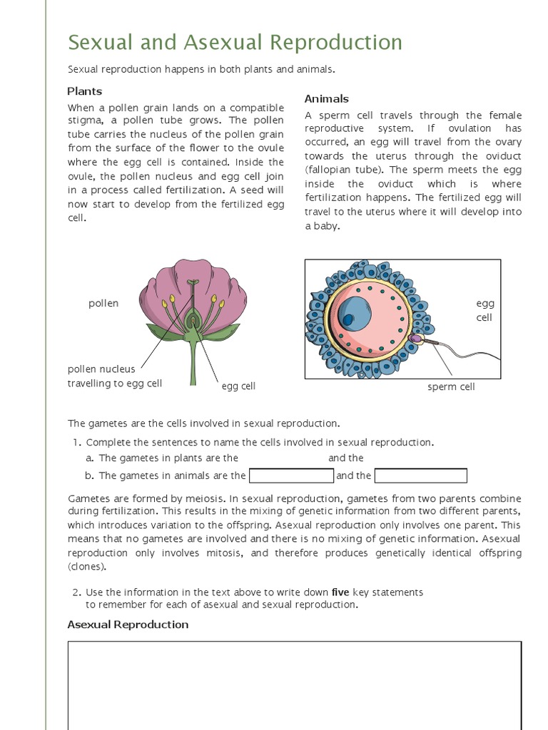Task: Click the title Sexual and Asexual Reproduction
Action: [235, 43]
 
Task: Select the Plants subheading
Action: [85, 91]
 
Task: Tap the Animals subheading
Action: [326, 99]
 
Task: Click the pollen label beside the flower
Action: [103, 303]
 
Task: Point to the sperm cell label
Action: [451, 386]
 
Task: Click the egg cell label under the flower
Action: [238, 386]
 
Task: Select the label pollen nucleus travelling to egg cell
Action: [114, 376]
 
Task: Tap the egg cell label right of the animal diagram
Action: [484, 310]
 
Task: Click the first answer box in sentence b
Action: [291, 475]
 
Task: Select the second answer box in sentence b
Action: [420, 475]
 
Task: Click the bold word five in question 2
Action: [340, 592]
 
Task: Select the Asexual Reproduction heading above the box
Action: [128, 624]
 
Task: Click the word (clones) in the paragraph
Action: [87, 567]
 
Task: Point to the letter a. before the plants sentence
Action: [90, 458]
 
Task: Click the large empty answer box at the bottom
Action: [294, 684]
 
